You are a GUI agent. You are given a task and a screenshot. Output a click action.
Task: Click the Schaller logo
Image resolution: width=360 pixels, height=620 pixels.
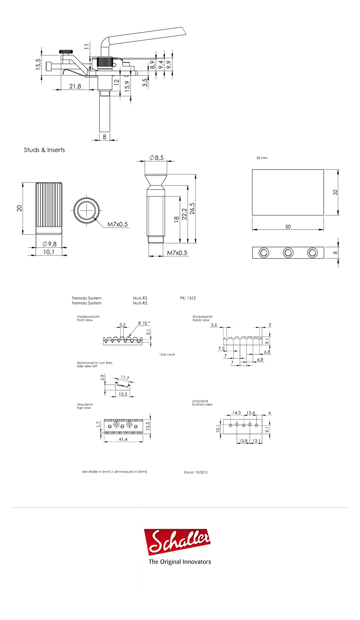coord(177,542)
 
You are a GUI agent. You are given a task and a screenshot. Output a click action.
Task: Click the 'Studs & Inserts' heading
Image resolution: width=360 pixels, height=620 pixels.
coord(45,150)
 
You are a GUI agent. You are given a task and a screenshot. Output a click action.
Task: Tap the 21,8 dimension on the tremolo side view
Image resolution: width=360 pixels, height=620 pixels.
coord(75,86)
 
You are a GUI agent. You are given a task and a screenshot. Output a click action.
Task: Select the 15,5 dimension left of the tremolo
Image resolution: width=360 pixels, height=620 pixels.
coord(38,64)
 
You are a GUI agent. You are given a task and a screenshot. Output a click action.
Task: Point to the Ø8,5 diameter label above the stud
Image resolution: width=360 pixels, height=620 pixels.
coord(156,158)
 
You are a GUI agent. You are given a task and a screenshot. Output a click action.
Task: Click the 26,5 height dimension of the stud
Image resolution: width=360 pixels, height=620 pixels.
coord(192,208)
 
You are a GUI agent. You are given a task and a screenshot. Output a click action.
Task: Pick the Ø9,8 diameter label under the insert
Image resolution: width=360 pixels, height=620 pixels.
coord(49,244)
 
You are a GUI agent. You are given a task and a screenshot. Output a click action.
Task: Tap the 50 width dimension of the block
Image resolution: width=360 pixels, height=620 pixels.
coord(288,227)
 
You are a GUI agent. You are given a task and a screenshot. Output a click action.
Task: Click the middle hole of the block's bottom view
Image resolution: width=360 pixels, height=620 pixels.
coord(288,253)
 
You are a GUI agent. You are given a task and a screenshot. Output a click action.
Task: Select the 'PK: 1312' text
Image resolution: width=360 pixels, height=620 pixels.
coord(188,298)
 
